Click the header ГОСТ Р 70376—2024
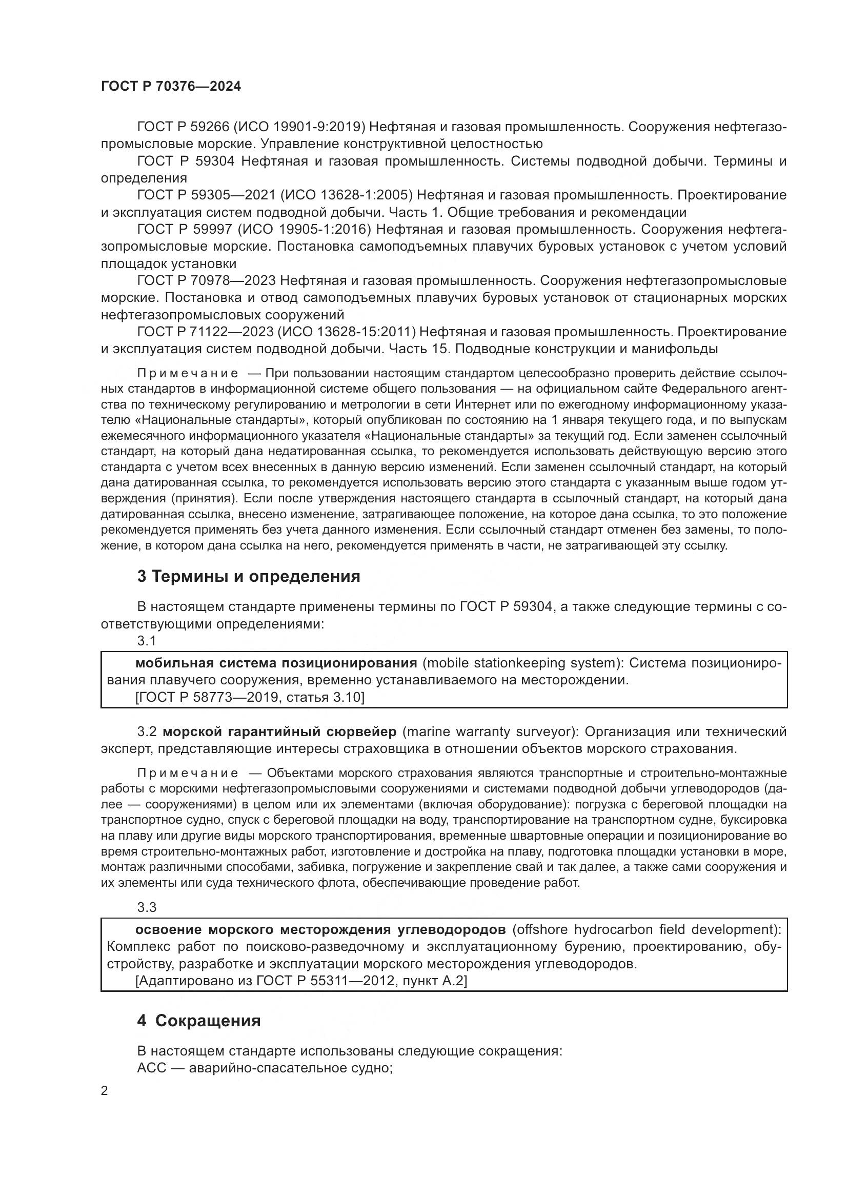click(x=171, y=87)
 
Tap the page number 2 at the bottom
click(x=105, y=1090)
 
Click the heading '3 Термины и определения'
click(x=249, y=577)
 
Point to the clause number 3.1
click(x=147, y=641)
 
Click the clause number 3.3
click(x=147, y=907)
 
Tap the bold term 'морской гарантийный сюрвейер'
click(x=281, y=731)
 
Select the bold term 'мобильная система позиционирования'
click(x=276, y=663)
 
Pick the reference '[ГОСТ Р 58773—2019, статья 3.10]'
click(x=250, y=697)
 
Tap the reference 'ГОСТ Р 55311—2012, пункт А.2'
click(x=301, y=981)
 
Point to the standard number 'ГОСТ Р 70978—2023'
click(x=206, y=281)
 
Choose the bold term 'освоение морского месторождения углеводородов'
click(x=320, y=929)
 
